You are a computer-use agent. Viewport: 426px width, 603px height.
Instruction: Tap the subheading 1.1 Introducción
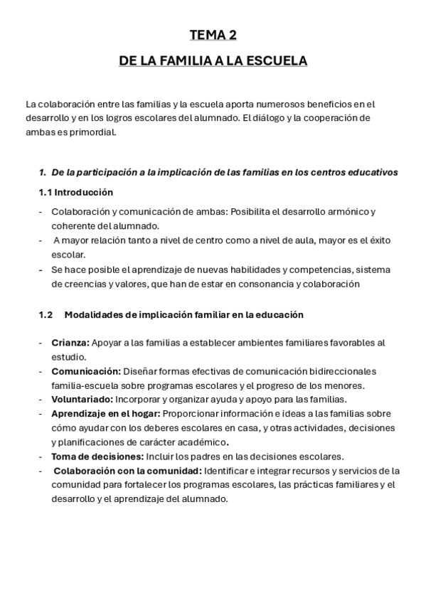click(x=75, y=193)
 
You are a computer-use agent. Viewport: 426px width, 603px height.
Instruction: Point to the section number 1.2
click(x=46, y=314)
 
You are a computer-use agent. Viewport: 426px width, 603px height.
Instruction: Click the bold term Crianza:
click(x=69, y=343)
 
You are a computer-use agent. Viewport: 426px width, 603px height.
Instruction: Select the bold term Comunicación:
click(x=85, y=371)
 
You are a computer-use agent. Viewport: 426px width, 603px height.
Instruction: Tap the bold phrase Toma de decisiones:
click(x=97, y=456)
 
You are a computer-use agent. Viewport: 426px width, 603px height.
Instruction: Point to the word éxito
click(x=378, y=240)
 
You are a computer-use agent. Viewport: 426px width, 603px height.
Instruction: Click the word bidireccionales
click(x=343, y=371)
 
